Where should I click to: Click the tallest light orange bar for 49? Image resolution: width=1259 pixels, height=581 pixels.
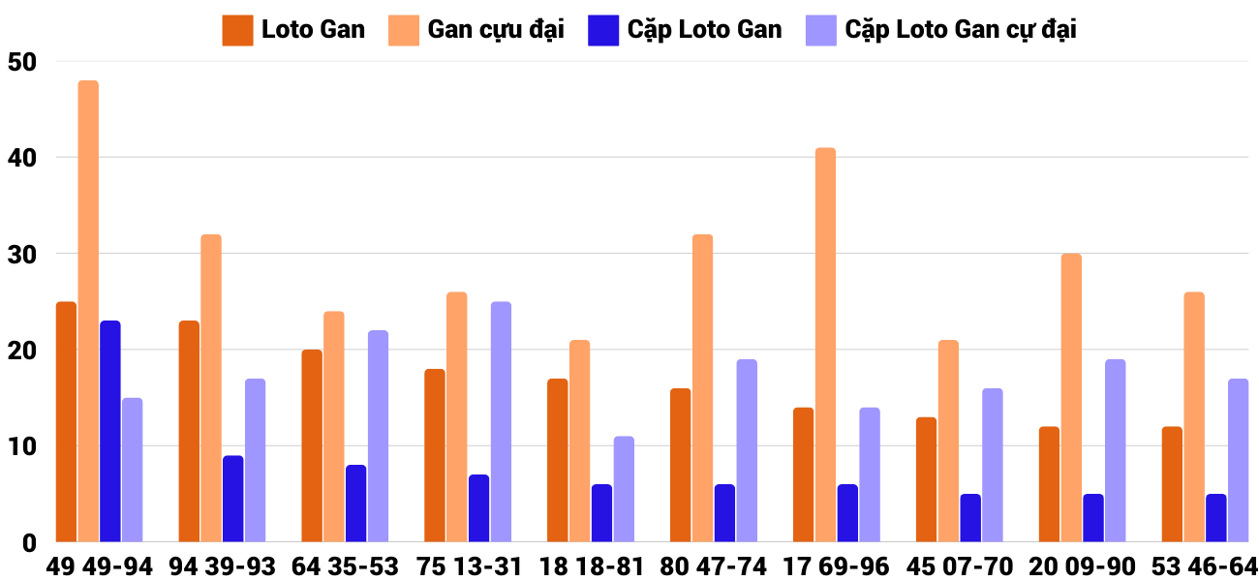click(x=88, y=311)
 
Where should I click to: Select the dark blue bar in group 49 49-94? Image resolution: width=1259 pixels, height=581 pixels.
click(x=110, y=431)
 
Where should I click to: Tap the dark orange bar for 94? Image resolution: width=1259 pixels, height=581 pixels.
click(x=189, y=431)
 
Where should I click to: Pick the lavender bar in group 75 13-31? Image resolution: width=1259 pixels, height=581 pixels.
click(x=501, y=421)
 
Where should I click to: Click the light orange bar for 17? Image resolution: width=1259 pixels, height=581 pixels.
click(x=825, y=345)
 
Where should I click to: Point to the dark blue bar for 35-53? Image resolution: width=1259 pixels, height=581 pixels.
click(x=356, y=504)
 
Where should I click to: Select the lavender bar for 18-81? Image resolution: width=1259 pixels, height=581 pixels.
click(x=624, y=489)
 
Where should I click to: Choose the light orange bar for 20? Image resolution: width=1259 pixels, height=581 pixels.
click(x=1071, y=398)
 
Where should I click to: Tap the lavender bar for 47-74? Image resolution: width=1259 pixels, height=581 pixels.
click(x=747, y=450)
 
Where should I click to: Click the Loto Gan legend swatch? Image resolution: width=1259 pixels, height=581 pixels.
click(x=237, y=30)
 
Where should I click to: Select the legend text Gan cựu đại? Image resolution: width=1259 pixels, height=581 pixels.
click(x=496, y=30)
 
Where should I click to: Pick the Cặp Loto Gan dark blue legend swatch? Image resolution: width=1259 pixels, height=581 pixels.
click(x=602, y=30)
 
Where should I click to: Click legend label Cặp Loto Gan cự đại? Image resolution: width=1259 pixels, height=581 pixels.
click(x=961, y=30)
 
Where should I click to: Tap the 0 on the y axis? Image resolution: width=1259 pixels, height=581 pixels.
click(x=29, y=543)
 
